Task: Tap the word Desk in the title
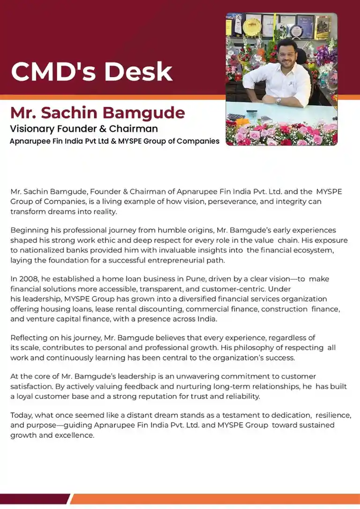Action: click(x=138, y=72)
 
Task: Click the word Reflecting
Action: click(x=29, y=338)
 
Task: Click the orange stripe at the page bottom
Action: click(x=215, y=499)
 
